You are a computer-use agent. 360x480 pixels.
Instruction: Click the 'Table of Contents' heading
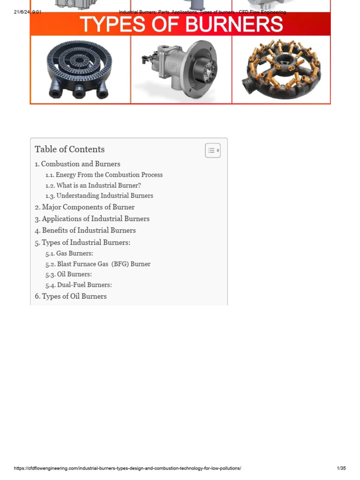pos(69,150)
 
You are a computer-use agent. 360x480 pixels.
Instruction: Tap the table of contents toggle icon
pos(213,150)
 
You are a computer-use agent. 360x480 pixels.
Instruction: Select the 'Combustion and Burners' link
pos(80,164)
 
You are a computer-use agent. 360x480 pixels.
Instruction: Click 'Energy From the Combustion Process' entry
pos(109,175)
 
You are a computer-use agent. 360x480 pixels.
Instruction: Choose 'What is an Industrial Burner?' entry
pos(98,185)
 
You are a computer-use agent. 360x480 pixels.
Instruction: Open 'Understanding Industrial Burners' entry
pos(105,196)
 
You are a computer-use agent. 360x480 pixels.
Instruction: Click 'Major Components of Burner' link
pos(88,207)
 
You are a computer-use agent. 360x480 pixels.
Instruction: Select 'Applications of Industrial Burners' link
pos(95,219)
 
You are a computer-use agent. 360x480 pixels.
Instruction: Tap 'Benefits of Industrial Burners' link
pos(89,231)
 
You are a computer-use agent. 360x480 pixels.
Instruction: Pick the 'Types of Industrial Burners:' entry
pos(86,242)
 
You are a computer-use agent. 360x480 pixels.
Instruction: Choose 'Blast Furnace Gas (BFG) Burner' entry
pos(104,264)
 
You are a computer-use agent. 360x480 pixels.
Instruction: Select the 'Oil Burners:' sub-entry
pos(74,274)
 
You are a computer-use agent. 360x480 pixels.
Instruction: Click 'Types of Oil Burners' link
pos(74,296)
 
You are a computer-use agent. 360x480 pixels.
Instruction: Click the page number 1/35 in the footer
pos(341,468)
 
